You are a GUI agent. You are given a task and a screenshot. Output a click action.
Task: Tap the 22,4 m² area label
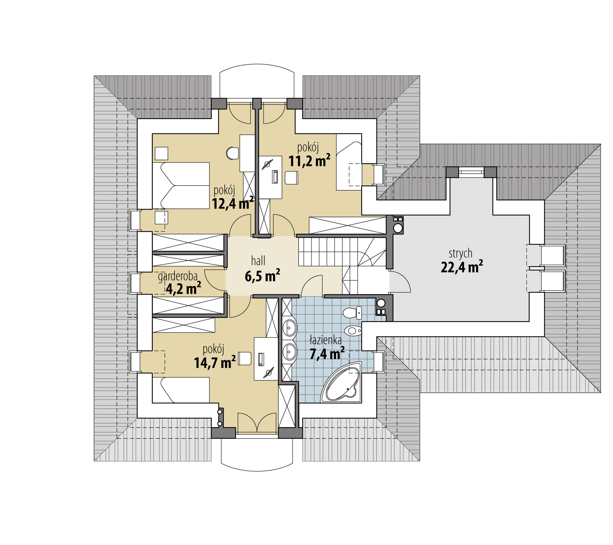462,267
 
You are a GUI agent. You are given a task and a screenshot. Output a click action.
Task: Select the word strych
461,253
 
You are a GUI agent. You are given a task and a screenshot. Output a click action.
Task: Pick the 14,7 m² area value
215,362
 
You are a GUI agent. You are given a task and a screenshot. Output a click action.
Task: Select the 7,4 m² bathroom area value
327,354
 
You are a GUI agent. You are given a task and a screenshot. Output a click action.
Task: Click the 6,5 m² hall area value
263,276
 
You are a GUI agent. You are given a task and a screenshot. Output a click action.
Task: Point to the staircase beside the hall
341,256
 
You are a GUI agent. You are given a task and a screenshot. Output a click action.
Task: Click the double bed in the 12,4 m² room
181,186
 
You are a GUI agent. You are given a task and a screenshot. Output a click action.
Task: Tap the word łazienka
325,341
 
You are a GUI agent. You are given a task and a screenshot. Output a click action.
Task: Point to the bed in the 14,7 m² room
181,390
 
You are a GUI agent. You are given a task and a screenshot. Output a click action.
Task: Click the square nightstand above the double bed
161,153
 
